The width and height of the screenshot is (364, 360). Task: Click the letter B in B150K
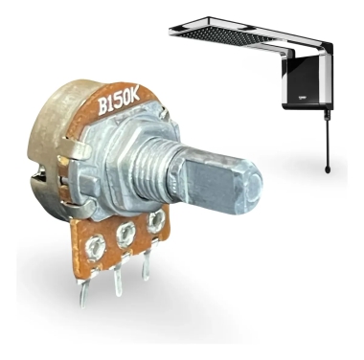click(103, 106)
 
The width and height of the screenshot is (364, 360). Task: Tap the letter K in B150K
click(135, 96)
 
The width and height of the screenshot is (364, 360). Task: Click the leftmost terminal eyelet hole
click(95, 247)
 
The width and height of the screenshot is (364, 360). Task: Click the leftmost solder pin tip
click(83, 304)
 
